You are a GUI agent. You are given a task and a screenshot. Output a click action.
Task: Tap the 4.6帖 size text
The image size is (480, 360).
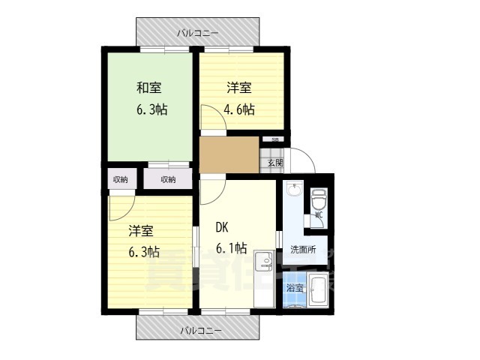point(239,109)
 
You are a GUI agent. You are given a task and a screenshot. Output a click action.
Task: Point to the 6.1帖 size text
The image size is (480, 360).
point(232,250)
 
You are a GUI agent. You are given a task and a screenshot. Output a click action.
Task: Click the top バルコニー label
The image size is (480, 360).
point(198,33)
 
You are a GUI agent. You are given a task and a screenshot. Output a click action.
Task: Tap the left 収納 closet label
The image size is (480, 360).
point(121,179)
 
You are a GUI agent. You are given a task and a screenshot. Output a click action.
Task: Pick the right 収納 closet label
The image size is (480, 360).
point(168,179)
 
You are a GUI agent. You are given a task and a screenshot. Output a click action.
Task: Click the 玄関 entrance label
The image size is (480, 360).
point(274,162)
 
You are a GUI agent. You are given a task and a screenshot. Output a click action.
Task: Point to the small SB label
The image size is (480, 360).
point(275,139)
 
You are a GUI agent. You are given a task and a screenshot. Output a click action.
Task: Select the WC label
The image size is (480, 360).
point(318,214)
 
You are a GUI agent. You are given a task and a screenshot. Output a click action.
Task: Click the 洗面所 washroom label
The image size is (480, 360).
point(303,249)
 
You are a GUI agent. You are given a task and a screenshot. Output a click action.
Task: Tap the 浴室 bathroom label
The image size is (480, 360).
point(295,288)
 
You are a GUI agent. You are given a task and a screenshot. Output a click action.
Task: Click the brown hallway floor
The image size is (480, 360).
point(229,155)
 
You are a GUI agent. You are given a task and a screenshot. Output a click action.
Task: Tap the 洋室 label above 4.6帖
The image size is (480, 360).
point(239,87)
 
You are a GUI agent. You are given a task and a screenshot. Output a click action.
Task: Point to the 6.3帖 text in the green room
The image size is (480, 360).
point(152,109)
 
